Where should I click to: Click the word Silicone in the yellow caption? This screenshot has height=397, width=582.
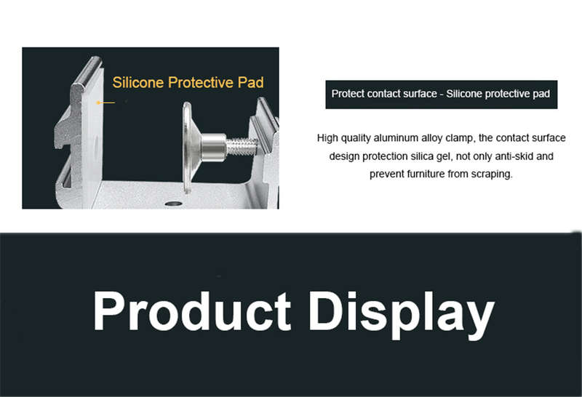[137, 82]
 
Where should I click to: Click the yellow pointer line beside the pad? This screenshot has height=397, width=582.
[105, 103]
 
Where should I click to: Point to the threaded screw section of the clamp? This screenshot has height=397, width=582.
[241, 146]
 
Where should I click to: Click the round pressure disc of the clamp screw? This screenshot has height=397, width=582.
[188, 148]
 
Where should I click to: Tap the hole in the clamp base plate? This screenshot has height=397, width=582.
[173, 204]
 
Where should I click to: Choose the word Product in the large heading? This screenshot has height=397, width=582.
[192, 311]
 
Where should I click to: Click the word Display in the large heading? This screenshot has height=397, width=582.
[402, 315]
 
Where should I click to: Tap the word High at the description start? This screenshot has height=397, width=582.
[327, 138]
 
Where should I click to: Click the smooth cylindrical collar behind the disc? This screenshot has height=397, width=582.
[213, 145]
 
